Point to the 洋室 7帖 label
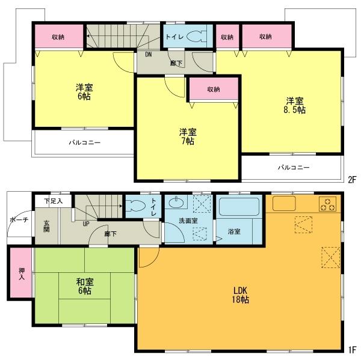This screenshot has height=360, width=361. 187,136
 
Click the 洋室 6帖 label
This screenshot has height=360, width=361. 84,91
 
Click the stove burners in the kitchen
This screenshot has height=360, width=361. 327,204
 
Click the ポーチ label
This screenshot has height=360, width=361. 17,221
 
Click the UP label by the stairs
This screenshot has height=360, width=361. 86,224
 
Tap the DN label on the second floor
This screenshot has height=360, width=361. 148,53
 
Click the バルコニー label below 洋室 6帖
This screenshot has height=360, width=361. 84,142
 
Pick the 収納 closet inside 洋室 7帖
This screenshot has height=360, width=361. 214,90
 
